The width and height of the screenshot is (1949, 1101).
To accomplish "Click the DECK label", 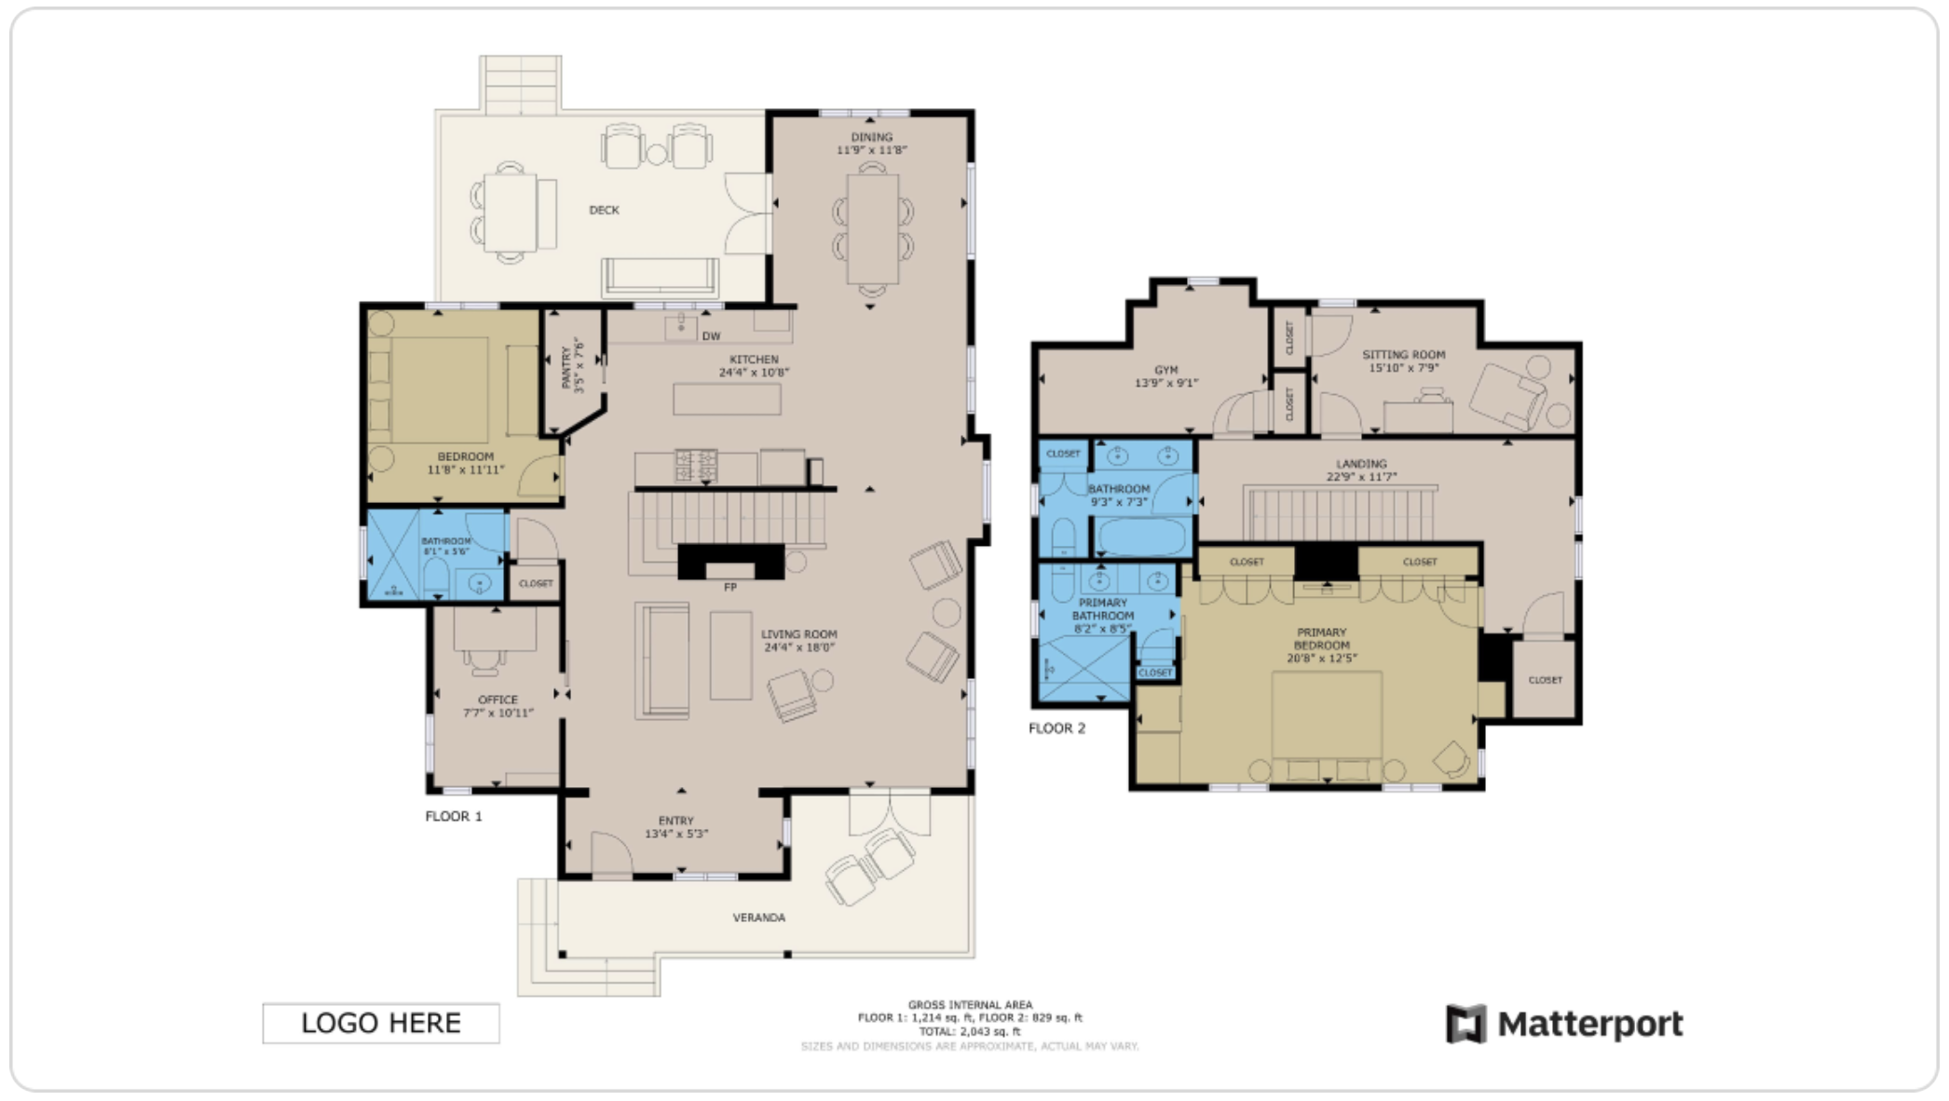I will click(604, 210).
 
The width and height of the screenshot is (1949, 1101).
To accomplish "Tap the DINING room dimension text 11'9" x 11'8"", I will click(871, 150).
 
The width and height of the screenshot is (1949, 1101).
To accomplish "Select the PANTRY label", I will click(566, 368).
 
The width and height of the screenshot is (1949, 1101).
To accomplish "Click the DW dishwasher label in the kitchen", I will click(711, 336).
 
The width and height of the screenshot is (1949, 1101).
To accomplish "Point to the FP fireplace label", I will click(730, 587).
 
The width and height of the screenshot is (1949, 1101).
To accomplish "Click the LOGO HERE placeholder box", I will click(380, 1023).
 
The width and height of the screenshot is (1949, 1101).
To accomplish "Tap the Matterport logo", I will click(1564, 1025).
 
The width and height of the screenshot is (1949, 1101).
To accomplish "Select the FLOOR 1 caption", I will click(454, 816).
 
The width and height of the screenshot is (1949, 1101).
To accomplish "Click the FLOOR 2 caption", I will click(1056, 728).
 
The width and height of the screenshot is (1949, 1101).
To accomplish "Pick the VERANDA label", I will click(758, 917).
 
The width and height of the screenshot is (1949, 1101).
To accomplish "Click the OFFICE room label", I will click(497, 700).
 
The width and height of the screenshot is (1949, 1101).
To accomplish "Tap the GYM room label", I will click(1165, 370).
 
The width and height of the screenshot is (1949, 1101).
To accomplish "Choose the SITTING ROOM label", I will click(1403, 354).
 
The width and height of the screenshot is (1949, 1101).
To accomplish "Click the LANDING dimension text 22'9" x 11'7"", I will click(1361, 477).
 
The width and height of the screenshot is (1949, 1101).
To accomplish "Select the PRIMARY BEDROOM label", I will click(1321, 639).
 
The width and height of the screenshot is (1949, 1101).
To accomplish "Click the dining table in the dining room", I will click(872, 229).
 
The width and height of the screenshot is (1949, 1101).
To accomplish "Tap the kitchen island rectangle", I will click(727, 400).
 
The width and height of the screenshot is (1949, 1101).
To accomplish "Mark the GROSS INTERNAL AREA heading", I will click(970, 1004).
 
